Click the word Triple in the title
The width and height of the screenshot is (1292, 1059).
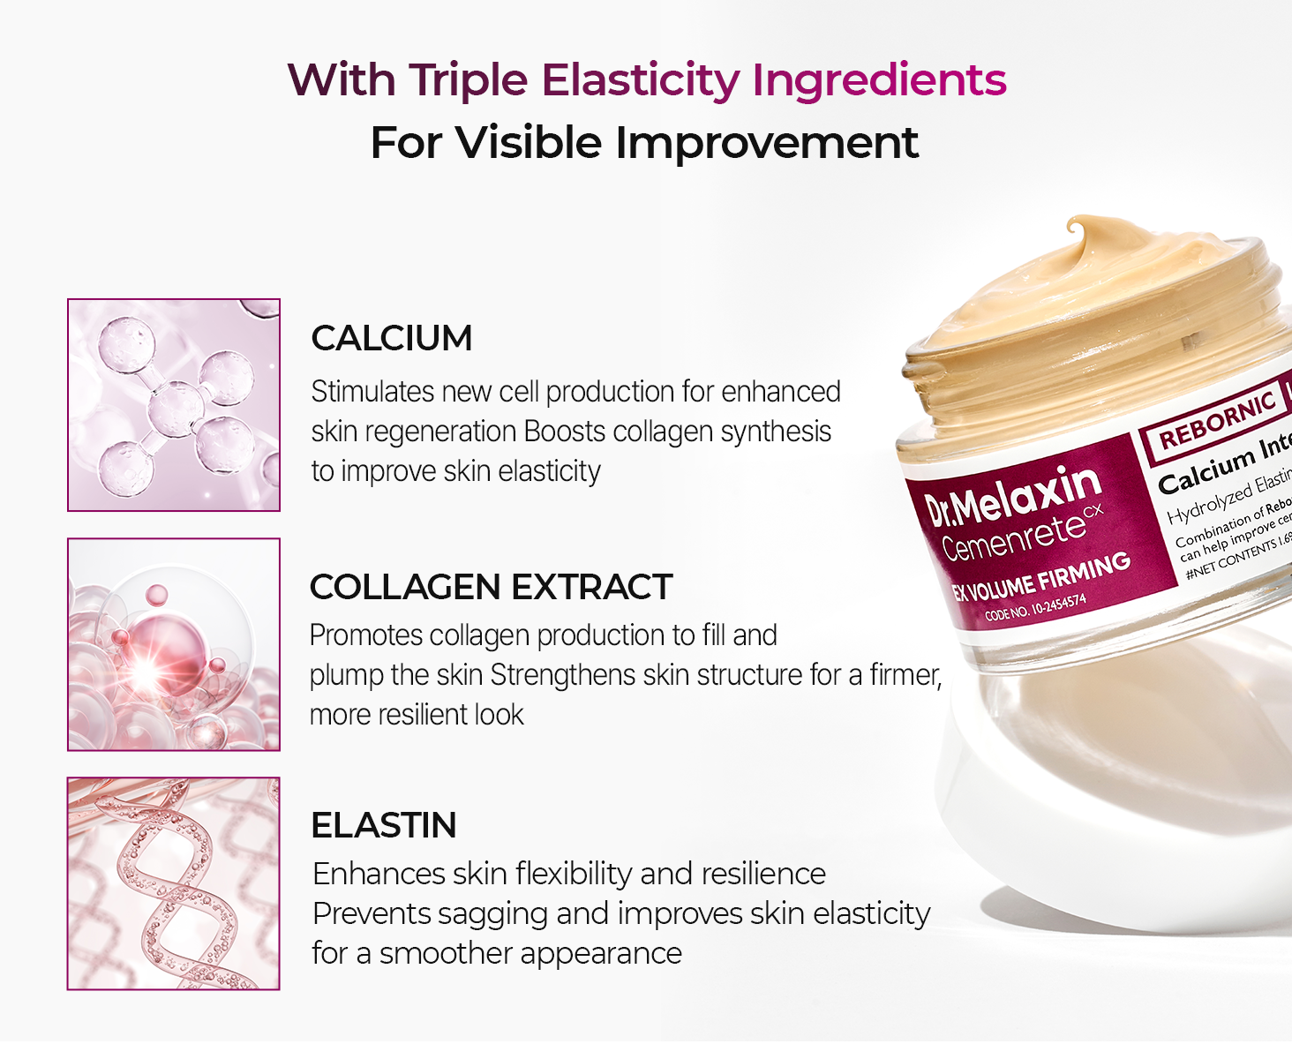468,80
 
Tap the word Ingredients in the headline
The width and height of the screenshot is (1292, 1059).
879,80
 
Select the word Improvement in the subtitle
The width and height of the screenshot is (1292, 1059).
766,143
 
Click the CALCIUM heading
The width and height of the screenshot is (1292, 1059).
392,339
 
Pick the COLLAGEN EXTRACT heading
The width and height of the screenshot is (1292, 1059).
491,587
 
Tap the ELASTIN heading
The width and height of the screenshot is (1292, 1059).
384,825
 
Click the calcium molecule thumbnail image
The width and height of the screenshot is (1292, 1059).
174,405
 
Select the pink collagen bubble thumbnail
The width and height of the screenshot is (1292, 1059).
174,644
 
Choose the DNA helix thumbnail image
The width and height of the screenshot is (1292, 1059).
174,883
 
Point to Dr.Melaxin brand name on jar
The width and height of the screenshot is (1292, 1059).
1013,497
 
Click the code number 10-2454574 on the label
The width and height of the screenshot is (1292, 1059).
1036,608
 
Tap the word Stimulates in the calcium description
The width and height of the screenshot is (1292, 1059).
372,392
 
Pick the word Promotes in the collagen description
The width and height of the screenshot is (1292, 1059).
366,635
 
